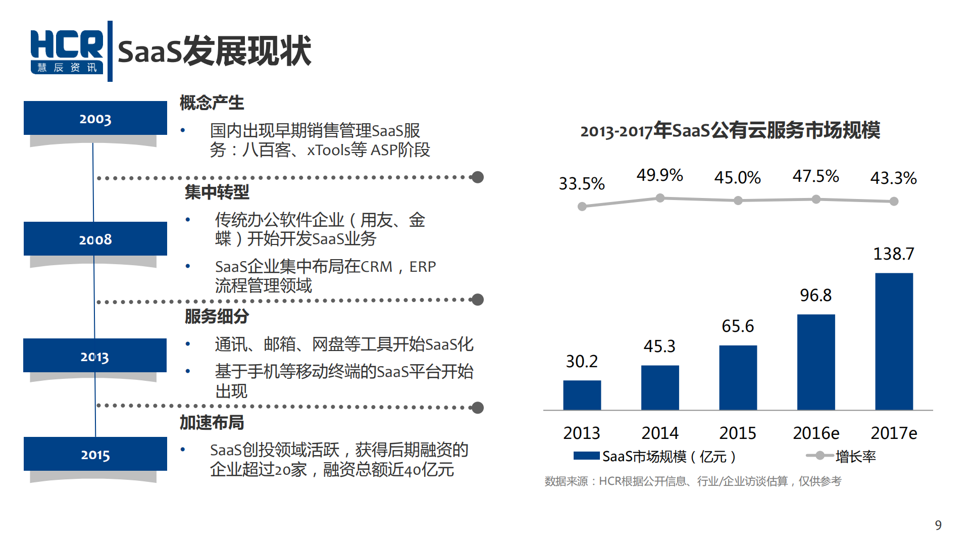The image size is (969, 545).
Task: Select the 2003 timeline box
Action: pyautogui.click(x=95, y=118)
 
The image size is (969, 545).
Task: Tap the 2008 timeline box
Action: pyautogui.click(x=95, y=239)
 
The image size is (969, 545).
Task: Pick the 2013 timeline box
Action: pyautogui.click(x=95, y=356)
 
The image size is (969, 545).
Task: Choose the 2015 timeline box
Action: pyautogui.click(x=95, y=454)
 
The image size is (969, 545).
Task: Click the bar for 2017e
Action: pyautogui.click(x=893, y=341)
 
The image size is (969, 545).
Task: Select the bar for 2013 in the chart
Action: pyautogui.click(x=582, y=395)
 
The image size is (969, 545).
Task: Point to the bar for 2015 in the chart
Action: pyautogui.click(x=738, y=377)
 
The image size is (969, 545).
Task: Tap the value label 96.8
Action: pyautogui.click(x=815, y=295)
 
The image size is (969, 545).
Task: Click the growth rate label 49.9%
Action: pyautogui.click(x=659, y=175)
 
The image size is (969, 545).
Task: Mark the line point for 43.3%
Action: pyautogui.click(x=894, y=201)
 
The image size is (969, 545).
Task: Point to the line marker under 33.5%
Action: pyautogui.click(x=582, y=206)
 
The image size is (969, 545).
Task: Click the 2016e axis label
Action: pyautogui.click(x=815, y=433)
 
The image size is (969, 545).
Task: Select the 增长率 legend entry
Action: pyautogui.click(x=855, y=457)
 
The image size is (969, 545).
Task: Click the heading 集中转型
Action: pyautogui.click(x=217, y=192)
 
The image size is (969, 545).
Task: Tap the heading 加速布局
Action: pyautogui.click(x=212, y=422)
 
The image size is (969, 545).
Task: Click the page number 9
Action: pyautogui.click(x=938, y=525)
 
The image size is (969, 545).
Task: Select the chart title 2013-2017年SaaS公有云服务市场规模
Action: pyautogui.click(x=730, y=130)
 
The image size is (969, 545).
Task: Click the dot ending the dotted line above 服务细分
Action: pyautogui.click(x=478, y=300)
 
